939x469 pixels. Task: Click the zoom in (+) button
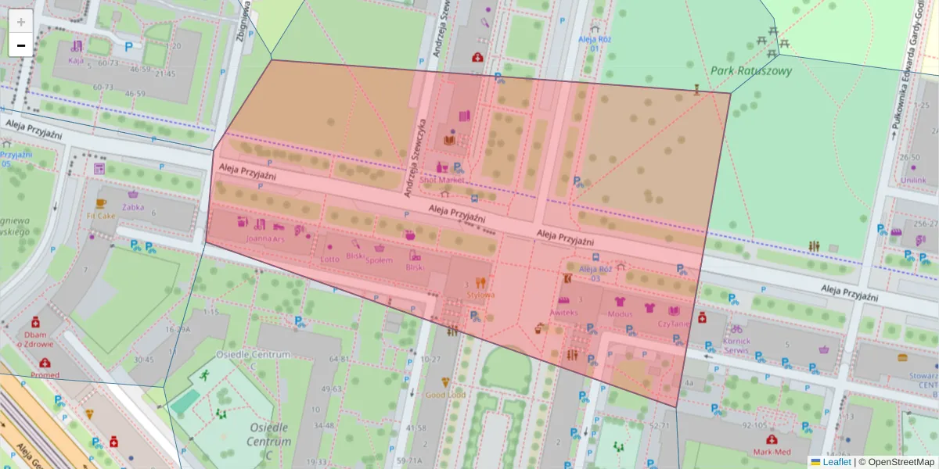[21, 22]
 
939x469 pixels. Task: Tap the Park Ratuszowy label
[751, 70]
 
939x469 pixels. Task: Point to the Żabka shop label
[133, 207]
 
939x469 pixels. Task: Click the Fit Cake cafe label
[101, 216]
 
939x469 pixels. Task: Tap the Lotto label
[330, 259]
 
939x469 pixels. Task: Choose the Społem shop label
[379, 260]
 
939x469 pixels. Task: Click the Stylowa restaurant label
[480, 295]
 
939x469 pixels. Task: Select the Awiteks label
[563, 313]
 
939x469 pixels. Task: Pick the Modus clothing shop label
[620, 314]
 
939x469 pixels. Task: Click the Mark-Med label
[772, 451]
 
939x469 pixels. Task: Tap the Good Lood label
[445, 395]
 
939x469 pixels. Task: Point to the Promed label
[45, 374]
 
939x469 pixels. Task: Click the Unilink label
[912, 180]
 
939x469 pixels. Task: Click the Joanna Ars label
[264, 238]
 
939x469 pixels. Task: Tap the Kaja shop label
[76, 60]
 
